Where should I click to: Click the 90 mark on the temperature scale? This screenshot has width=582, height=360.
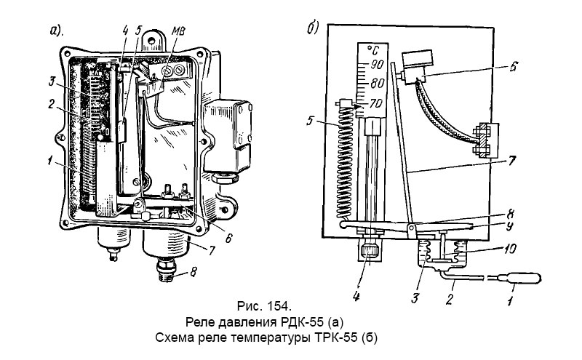tap(376, 65)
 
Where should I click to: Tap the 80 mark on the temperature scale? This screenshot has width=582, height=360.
tap(376, 84)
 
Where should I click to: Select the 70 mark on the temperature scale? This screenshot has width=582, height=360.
tap(376, 103)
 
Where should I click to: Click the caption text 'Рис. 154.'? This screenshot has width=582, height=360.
tap(266, 303)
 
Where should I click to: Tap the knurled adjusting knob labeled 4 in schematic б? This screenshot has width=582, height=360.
tap(371, 253)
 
